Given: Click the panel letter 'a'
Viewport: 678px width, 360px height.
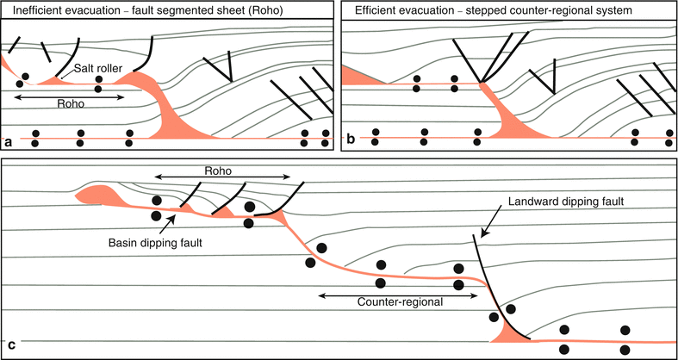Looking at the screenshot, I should [9, 140].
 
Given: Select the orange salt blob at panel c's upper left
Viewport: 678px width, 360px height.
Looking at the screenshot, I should [96, 194].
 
